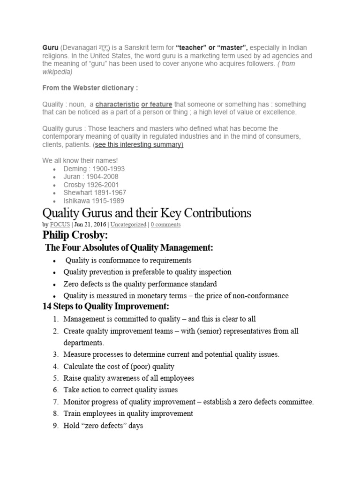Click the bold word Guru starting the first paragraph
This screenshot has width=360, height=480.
[50, 48]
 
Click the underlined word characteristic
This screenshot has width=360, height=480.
[117, 104]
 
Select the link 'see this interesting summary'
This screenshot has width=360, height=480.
[139, 144]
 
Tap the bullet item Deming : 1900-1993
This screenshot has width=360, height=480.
[94, 168]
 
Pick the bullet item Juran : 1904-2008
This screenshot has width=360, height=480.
[91, 176]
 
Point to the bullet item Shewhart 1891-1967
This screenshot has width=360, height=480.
[95, 192]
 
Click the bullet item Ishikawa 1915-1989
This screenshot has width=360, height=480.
[94, 200]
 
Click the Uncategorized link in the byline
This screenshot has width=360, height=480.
[128, 225]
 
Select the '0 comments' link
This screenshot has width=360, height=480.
[165, 225]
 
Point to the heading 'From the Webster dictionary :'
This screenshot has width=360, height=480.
[90, 88]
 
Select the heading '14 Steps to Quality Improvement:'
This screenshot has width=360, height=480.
[105, 307]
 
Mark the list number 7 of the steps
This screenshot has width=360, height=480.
[55, 402]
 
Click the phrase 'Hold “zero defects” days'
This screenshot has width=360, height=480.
[103, 426]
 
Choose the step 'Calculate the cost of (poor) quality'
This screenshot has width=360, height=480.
[119, 366]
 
